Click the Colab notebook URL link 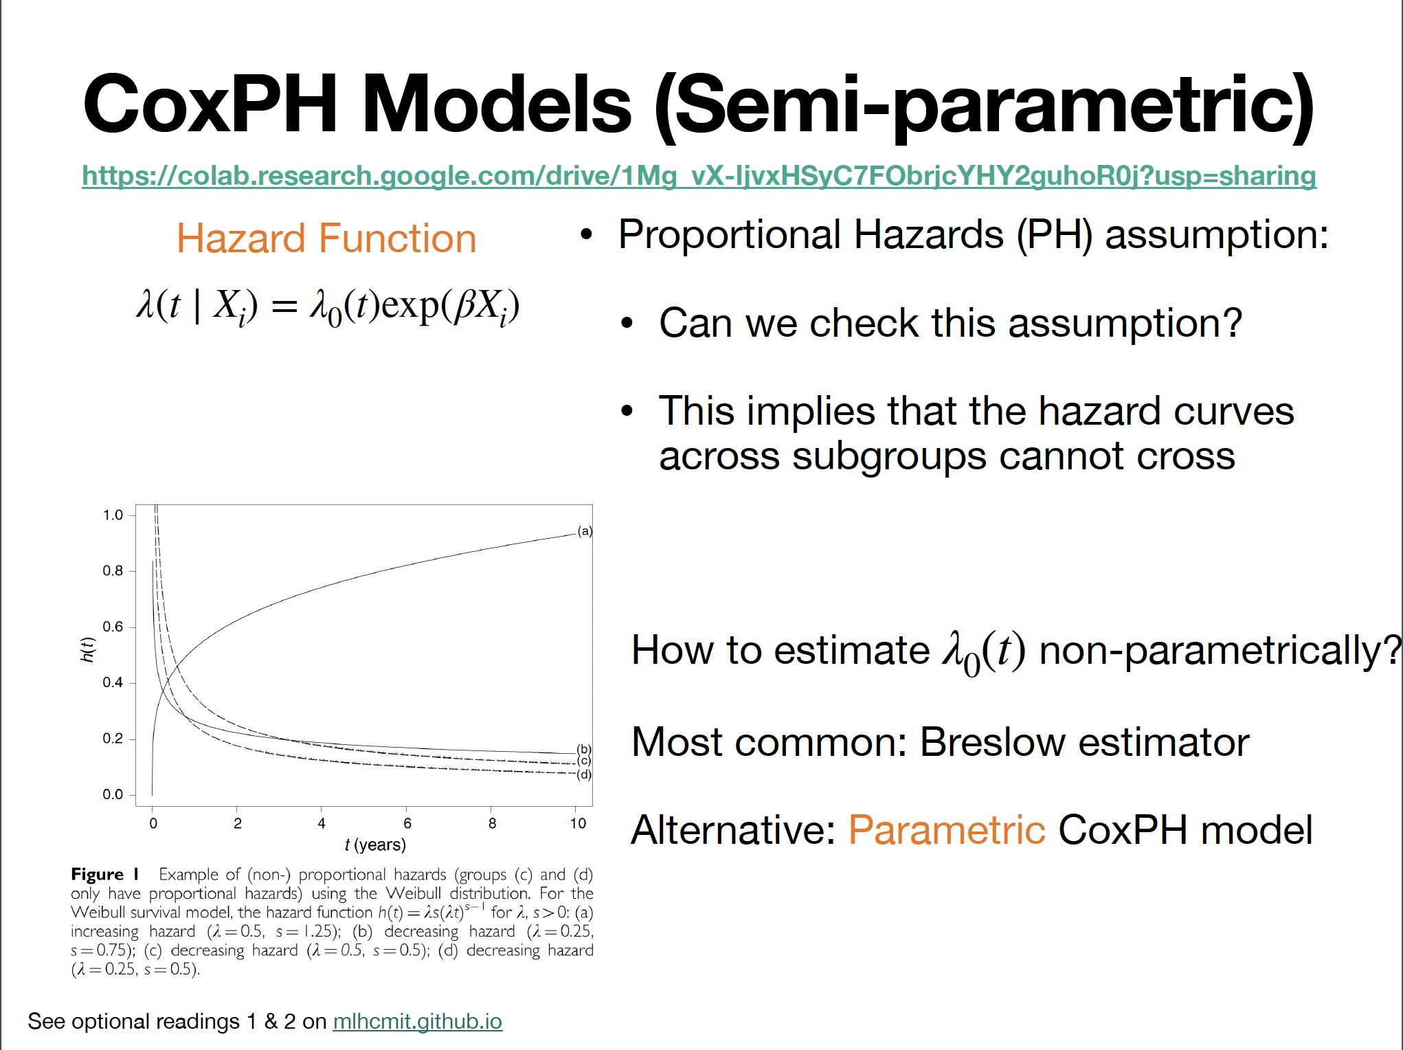pyautogui.click(x=699, y=176)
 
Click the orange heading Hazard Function pyautogui.click(x=326, y=239)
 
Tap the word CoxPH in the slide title pyautogui.click(x=210, y=104)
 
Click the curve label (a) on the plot pyautogui.click(x=585, y=531)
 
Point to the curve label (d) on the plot pyautogui.click(x=584, y=774)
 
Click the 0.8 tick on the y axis pyautogui.click(x=113, y=571)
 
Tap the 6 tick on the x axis pyautogui.click(x=407, y=823)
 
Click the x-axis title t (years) pyautogui.click(x=375, y=845)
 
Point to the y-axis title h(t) pyautogui.click(x=87, y=649)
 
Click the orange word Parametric pyautogui.click(x=947, y=830)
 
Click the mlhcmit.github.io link pyautogui.click(x=417, y=1022)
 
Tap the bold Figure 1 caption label pyautogui.click(x=105, y=874)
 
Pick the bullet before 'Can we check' pyautogui.click(x=627, y=323)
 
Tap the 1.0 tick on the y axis pyautogui.click(x=113, y=515)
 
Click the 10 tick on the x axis pyautogui.click(x=578, y=823)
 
